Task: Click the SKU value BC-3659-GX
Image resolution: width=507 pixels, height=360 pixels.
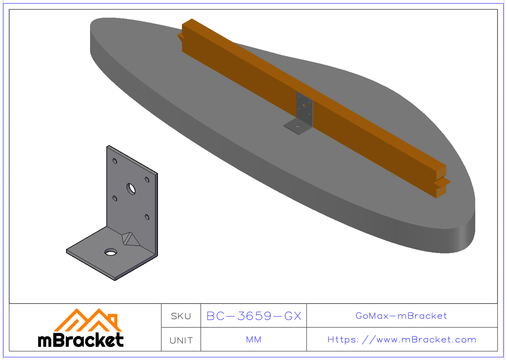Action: click(253, 316)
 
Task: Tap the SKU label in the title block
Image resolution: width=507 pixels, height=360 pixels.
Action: click(181, 316)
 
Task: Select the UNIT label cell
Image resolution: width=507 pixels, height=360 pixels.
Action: click(181, 340)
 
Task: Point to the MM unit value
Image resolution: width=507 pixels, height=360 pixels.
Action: click(253, 340)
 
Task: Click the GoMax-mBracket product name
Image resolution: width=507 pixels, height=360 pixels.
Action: click(401, 316)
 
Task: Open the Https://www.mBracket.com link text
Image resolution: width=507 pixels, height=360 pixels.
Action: click(401, 340)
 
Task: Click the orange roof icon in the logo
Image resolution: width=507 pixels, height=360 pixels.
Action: click(87, 320)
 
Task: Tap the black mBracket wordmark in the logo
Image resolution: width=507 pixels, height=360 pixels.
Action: click(81, 340)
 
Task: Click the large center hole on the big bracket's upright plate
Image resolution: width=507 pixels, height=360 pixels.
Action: click(131, 188)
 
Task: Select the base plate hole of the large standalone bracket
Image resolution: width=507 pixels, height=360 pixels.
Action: click(112, 252)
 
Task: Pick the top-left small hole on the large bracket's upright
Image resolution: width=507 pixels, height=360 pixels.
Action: click(114, 161)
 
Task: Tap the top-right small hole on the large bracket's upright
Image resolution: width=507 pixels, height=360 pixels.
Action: click(147, 180)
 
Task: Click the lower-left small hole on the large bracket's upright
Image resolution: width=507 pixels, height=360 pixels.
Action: click(114, 198)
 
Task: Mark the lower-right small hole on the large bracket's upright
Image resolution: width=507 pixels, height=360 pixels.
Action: click(147, 217)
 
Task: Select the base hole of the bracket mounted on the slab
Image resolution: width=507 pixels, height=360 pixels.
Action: click(298, 126)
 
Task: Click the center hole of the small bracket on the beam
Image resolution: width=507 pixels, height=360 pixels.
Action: click(304, 105)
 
